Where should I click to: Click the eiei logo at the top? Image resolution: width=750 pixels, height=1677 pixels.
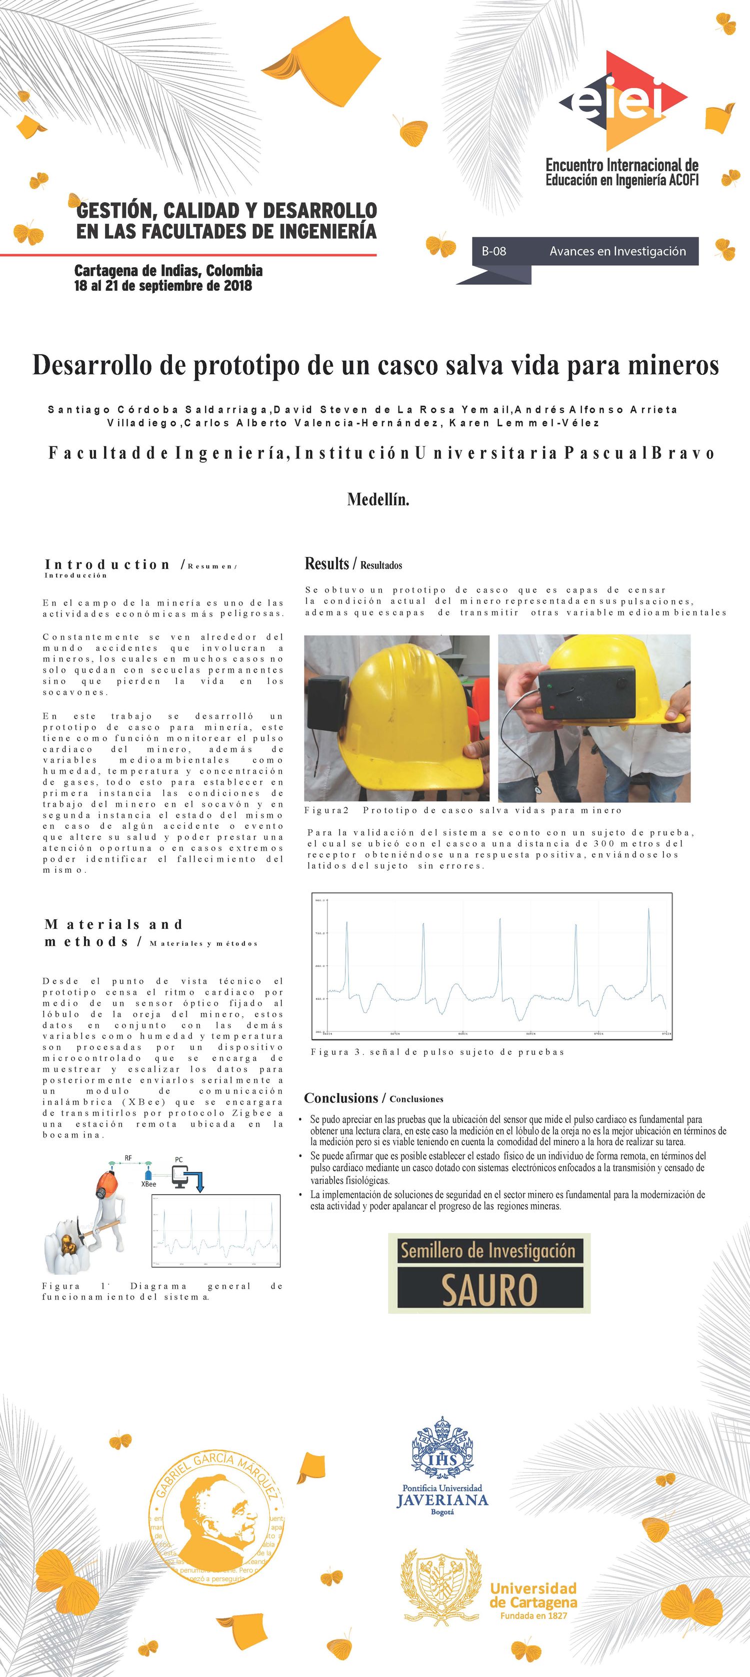(x=623, y=102)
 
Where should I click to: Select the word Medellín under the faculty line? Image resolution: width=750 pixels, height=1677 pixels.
(x=378, y=500)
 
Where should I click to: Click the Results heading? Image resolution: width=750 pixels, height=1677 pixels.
(x=326, y=564)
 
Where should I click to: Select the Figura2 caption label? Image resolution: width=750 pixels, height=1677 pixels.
(x=326, y=811)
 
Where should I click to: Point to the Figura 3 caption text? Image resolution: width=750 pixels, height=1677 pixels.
(x=437, y=1051)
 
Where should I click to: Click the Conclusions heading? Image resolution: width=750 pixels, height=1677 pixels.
(x=341, y=1098)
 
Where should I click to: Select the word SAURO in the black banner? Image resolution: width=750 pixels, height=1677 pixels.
(x=489, y=1290)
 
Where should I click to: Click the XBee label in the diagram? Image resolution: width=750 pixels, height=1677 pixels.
(x=149, y=1184)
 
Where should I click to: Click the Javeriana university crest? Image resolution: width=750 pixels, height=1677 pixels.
(x=442, y=1450)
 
